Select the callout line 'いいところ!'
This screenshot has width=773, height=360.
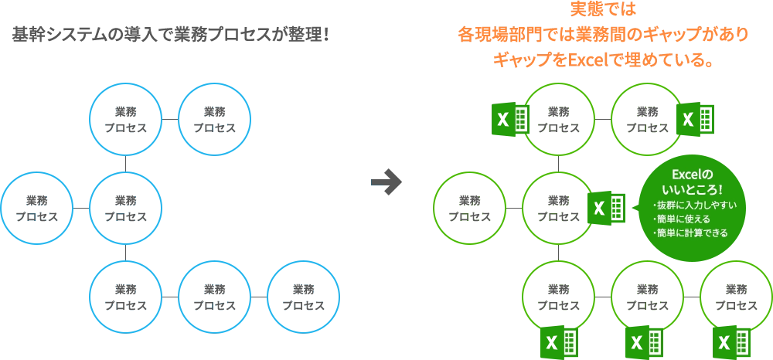pos(692,189)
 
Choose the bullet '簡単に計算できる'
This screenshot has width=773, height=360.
pos(692,232)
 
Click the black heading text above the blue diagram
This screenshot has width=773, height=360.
pos(169,36)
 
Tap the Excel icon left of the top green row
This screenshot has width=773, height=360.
pos(510,119)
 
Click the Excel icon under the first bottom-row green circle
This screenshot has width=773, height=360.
pos(559,340)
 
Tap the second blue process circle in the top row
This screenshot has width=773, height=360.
pos(215,119)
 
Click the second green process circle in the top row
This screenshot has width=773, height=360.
pos(647,119)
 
